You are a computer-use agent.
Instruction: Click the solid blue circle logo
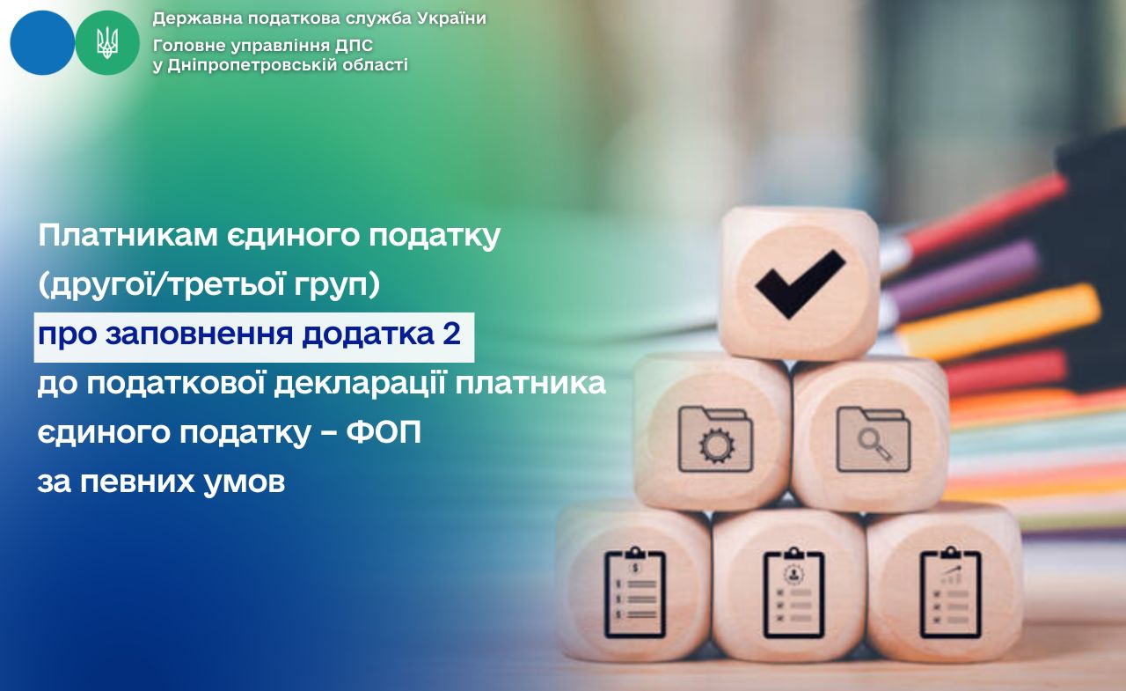42,43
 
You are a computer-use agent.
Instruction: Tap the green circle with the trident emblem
107,43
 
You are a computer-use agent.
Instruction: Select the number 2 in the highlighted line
452,334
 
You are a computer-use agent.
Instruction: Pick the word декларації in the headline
360,384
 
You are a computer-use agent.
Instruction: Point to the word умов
245,483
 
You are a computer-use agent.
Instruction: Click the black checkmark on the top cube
801,283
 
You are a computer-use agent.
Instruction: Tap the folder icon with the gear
715,439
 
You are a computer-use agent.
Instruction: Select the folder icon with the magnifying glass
874,439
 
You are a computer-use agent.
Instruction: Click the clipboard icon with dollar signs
635,593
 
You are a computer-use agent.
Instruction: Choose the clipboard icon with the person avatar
793,593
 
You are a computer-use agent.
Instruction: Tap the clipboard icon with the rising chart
951,593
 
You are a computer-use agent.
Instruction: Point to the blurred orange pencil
998,322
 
